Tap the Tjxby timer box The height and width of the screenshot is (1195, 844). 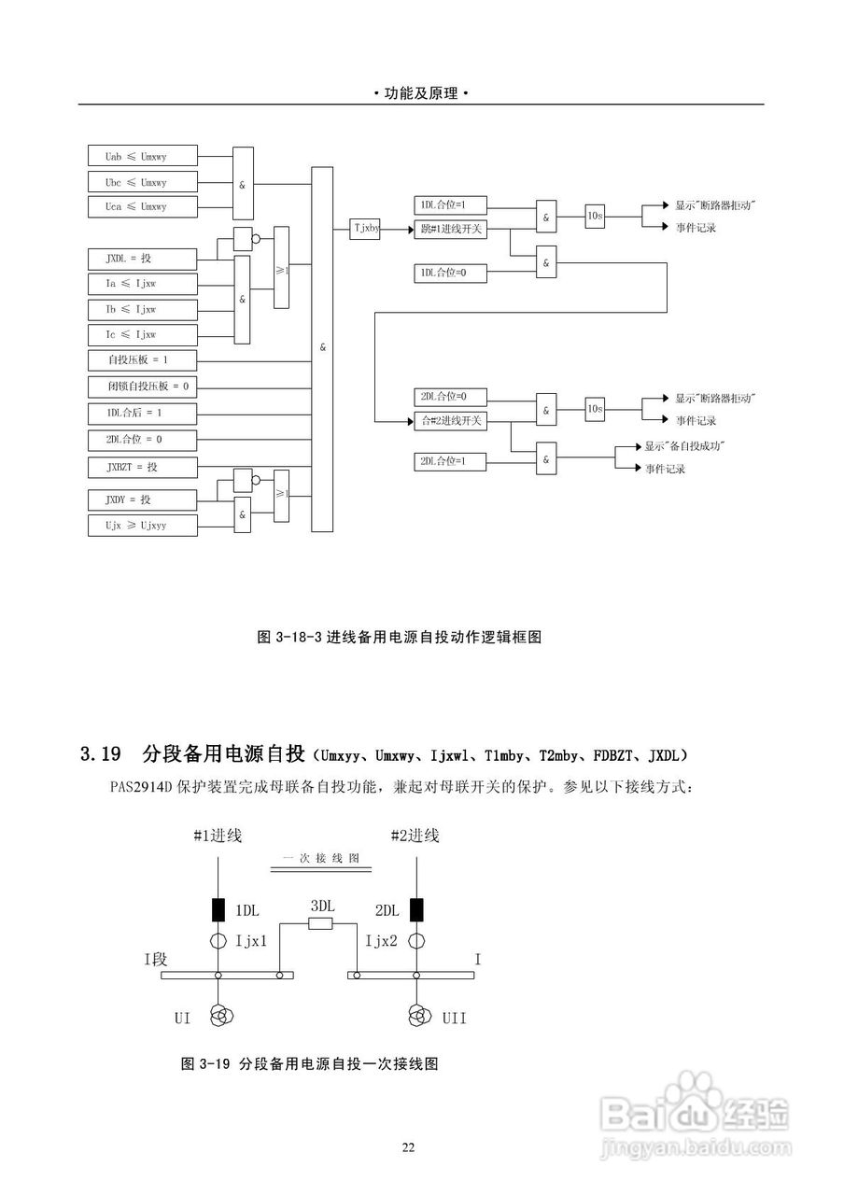(x=366, y=227)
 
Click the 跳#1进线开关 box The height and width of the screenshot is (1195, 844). (x=450, y=228)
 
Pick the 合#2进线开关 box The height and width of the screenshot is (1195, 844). (x=450, y=421)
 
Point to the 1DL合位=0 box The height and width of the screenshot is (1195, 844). (x=450, y=273)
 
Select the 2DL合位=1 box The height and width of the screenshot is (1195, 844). (x=450, y=460)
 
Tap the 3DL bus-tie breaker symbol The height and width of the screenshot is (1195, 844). (x=320, y=924)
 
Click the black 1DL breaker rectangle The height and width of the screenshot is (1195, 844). (x=218, y=908)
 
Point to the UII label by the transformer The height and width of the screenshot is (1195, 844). (x=455, y=1019)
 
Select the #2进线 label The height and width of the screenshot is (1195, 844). (x=415, y=836)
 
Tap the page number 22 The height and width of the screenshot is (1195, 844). (x=408, y=1147)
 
